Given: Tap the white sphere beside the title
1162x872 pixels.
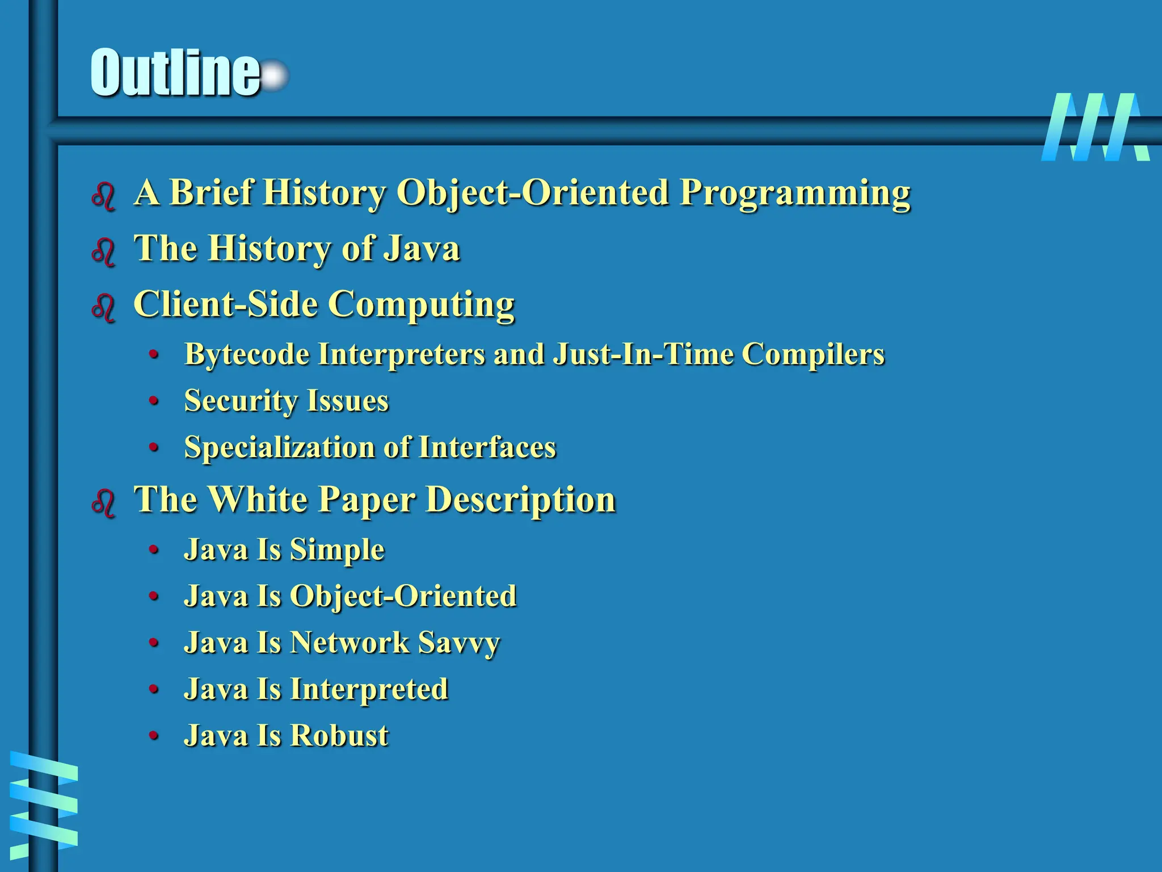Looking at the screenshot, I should (275, 76).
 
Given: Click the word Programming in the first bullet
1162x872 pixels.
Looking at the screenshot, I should (795, 194).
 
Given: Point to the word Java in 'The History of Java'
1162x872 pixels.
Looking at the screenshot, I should (421, 249).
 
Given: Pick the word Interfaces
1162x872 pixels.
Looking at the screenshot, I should (487, 447).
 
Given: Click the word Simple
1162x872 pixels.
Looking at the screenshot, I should (337, 550).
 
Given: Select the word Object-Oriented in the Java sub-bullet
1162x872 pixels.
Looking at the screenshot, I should (403, 596).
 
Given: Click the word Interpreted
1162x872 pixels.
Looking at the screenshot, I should (369, 690).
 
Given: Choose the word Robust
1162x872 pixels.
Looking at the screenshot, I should (339, 736).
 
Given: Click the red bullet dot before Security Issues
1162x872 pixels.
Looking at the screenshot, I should (153, 401).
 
